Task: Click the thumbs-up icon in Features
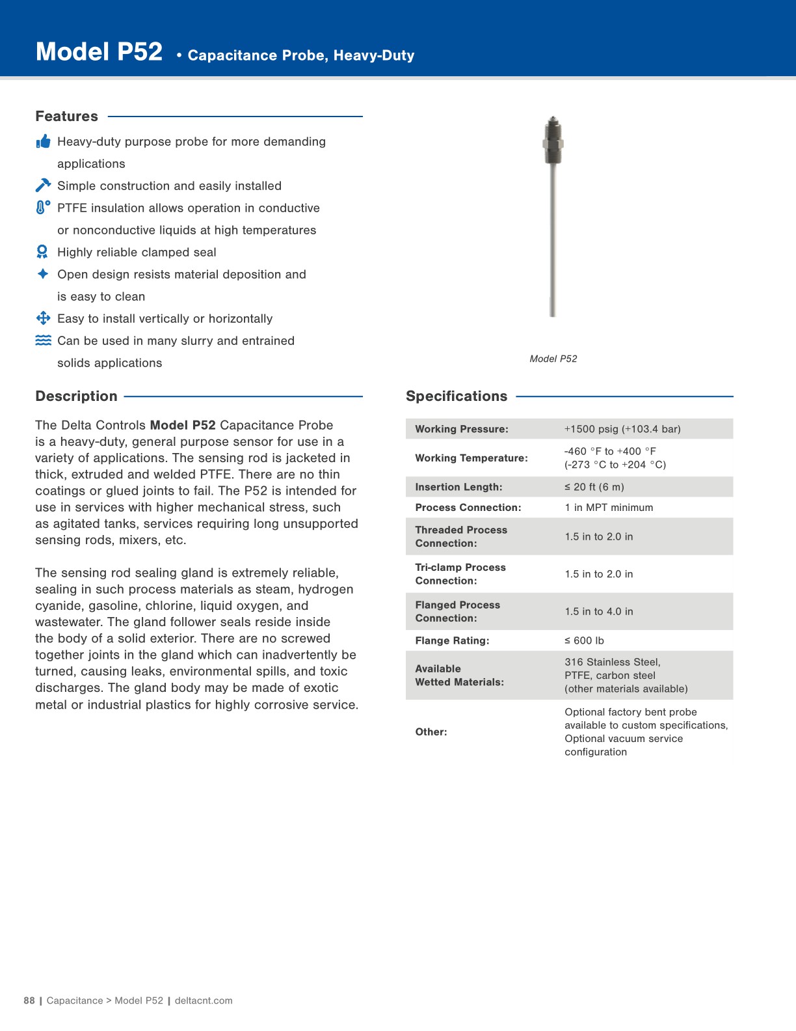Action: click(x=43, y=141)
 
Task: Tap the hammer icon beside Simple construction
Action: click(x=43, y=186)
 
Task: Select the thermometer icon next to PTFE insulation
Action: click(x=43, y=208)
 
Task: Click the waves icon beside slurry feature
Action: click(x=43, y=340)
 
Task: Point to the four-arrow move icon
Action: click(x=43, y=318)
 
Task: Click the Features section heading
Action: click(x=66, y=117)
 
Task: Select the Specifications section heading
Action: click(x=456, y=396)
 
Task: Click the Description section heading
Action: click(x=76, y=396)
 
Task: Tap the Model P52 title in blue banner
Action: click(x=99, y=52)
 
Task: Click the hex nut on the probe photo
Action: click(x=553, y=143)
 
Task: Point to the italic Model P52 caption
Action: click(x=553, y=359)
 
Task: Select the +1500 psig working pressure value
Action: click(x=622, y=429)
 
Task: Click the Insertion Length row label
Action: click(x=458, y=487)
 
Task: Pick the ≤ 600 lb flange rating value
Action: click(x=584, y=640)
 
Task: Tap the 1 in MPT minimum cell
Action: click(x=609, y=508)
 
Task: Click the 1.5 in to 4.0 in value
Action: click(x=598, y=611)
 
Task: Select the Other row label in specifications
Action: click(x=431, y=732)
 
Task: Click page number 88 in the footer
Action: click(x=29, y=1000)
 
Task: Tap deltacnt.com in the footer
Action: click(x=203, y=1000)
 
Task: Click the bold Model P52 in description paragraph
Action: click(x=182, y=425)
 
